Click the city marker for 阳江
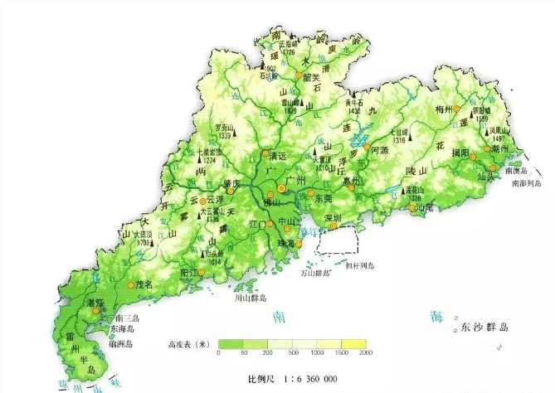pyautogui.click(x=202, y=272)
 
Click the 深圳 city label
pyautogui.click(x=333, y=217)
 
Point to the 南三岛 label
pyautogui.click(x=129, y=318)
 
